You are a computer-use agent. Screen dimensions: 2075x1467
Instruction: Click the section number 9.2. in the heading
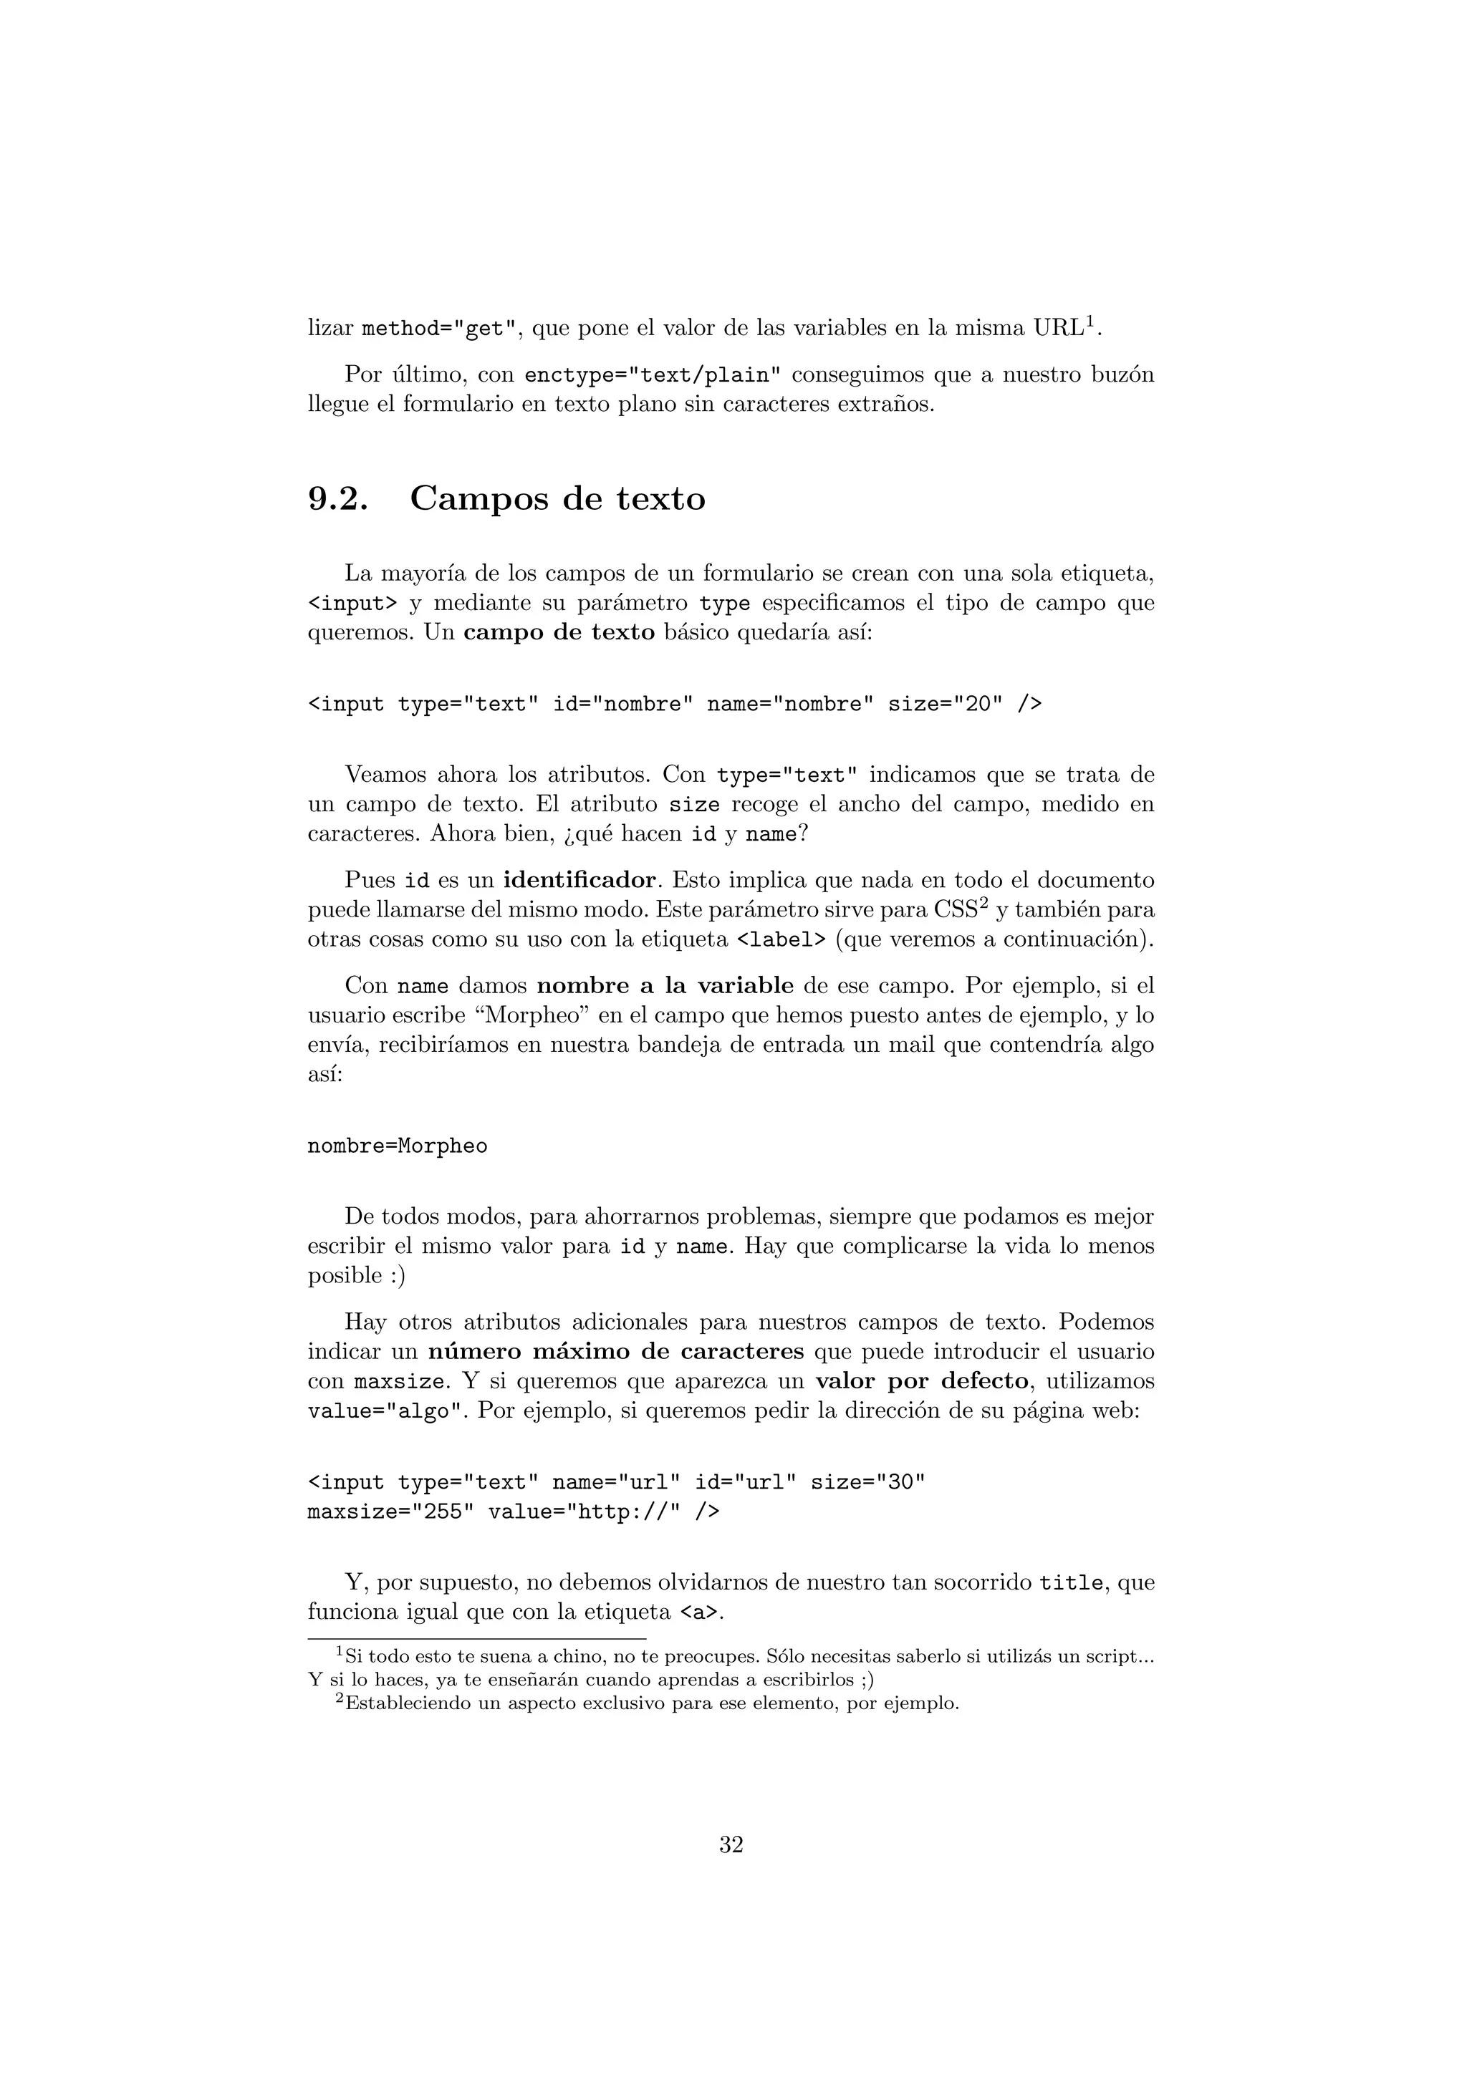click(x=338, y=499)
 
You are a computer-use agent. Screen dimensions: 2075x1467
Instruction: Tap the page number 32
click(x=731, y=1844)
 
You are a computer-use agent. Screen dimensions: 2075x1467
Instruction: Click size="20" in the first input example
click(x=946, y=704)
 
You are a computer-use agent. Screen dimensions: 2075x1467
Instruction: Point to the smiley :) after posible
click(x=398, y=1275)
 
